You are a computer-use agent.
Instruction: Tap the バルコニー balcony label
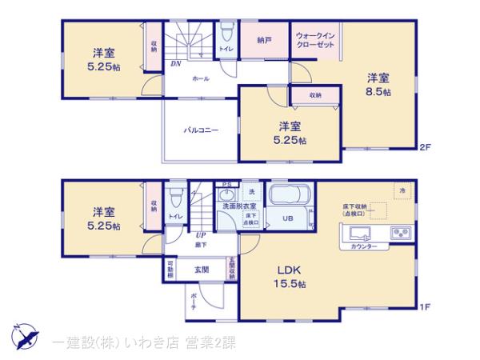(201, 129)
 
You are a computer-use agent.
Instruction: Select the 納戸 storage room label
(264, 39)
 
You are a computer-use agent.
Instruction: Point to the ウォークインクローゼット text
(314, 41)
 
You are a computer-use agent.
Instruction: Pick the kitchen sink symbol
(359, 234)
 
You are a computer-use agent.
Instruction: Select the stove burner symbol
(399, 233)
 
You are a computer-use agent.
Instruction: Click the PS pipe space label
(226, 183)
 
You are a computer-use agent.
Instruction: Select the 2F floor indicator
(426, 147)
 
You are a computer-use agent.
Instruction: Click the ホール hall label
(200, 80)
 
